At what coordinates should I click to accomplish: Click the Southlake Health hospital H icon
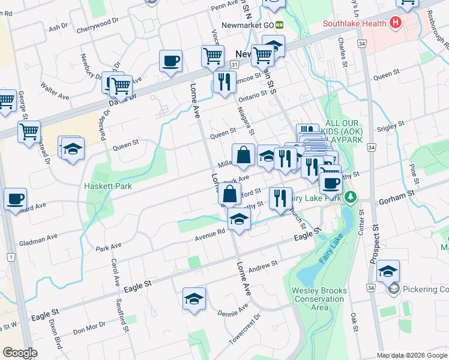pos(395,23)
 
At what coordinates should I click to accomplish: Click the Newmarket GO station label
pos(249,25)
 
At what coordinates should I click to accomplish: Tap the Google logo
pos(20,353)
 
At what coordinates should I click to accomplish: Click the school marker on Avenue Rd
pos(239,220)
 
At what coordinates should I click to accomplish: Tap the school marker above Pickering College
pos(388,271)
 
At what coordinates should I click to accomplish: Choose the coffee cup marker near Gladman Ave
pos(16,199)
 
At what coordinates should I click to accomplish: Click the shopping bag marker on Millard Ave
pos(243,155)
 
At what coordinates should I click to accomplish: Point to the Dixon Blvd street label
pos(55,333)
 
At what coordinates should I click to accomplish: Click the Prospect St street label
pos(375,244)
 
